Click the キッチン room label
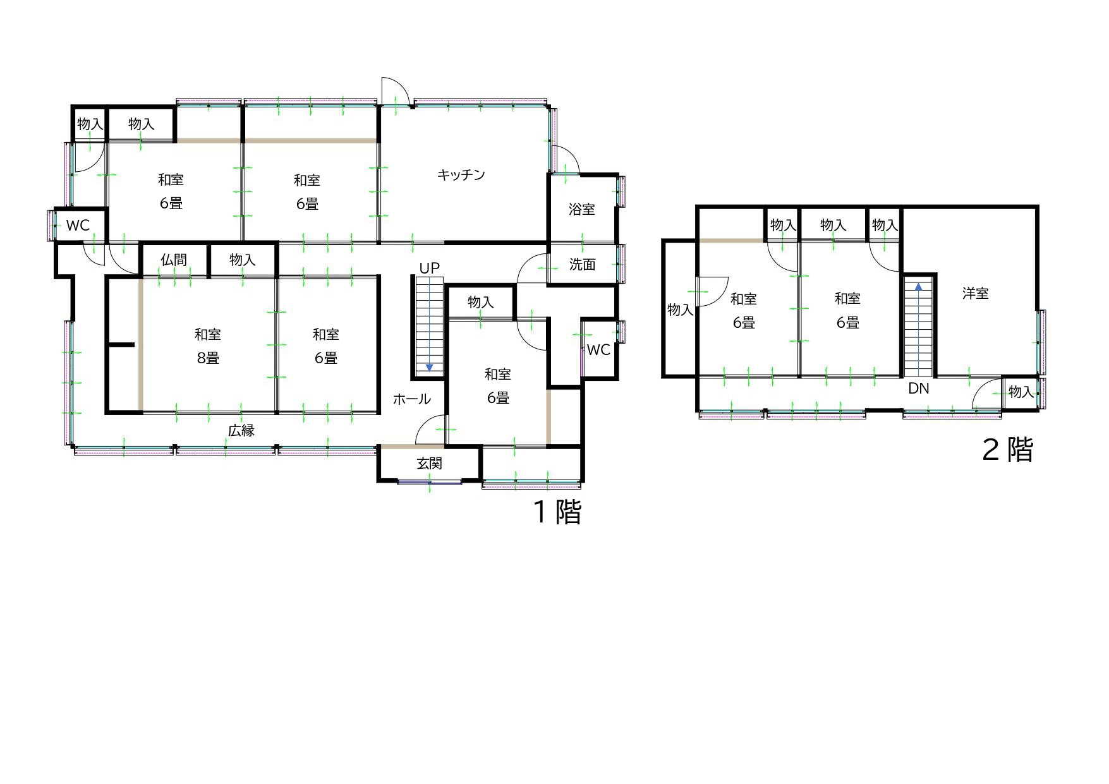coord(461,174)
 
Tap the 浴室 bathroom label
coord(582,209)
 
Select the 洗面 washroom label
coord(582,264)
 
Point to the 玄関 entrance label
coord(430,464)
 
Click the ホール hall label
coord(412,399)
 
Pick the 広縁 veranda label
coord(241,431)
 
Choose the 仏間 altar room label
coord(174,260)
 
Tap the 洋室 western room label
coord(976,293)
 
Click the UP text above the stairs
coord(430,268)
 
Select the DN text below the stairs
coord(919,389)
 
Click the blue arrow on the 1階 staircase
coord(430,367)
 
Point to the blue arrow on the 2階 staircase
coord(919,286)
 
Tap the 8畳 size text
coord(208,358)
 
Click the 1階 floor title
coord(558,512)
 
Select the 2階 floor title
coord(1008,450)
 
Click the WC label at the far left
coord(78,226)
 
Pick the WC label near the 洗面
coord(598,350)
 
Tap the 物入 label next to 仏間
coord(243,260)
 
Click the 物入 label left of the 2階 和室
coord(681,310)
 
